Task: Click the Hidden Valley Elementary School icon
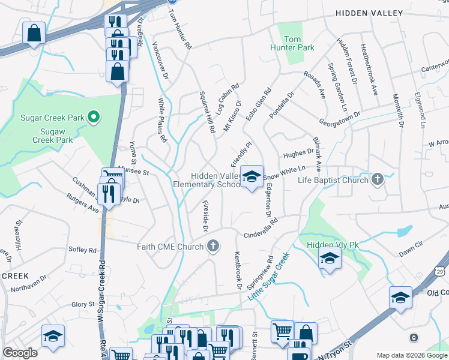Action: [x=252, y=176]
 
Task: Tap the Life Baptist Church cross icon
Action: [x=377, y=179]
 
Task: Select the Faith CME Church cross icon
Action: [x=212, y=245]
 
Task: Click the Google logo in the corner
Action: [x=20, y=353]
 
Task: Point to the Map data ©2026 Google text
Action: [x=411, y=355]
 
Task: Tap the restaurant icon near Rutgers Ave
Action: [x=109, y=193]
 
